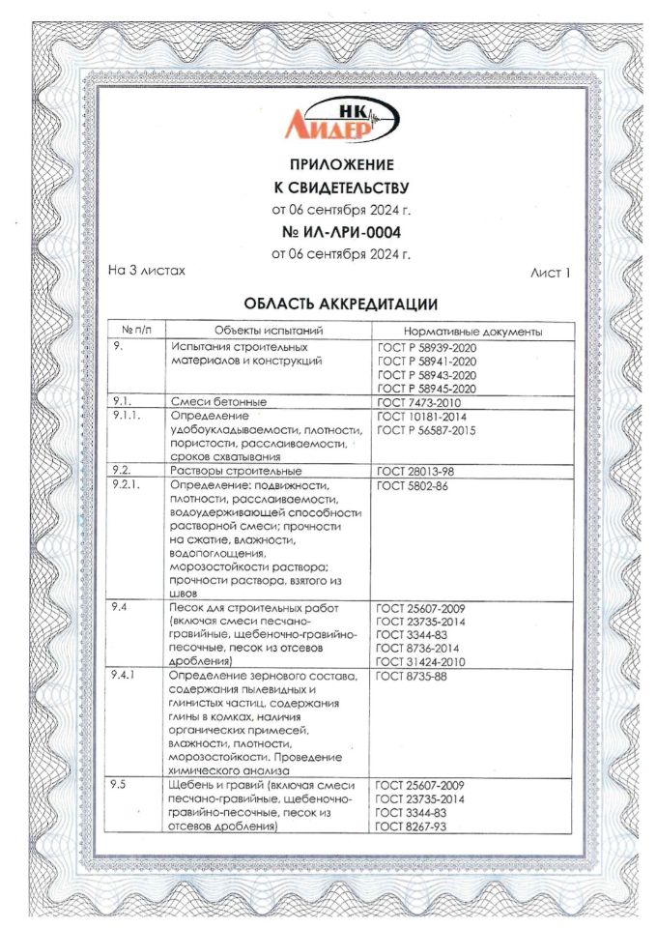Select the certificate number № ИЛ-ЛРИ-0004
click(328, 232)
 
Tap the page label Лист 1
click(551, 273)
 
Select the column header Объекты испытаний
click(268, 332)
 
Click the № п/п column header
click(136, 332)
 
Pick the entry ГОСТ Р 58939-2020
click(426, 347)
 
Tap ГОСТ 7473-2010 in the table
click(416, 401)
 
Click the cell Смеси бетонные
click(218, 401)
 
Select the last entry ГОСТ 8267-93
click(412, 826)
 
